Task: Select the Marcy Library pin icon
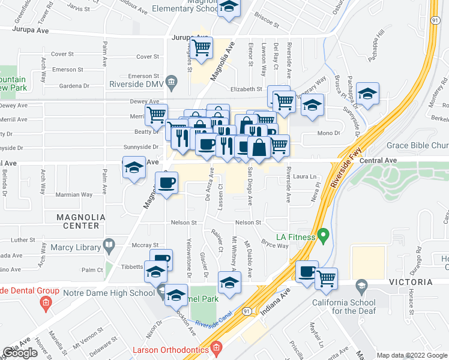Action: point(109,244)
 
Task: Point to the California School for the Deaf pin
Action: point(361,284)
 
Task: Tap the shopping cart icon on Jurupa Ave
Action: point(201,46)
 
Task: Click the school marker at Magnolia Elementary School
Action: point(229,8)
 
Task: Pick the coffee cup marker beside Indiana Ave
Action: point(307,271)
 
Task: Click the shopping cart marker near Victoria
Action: point(326,277)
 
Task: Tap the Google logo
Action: point(20,353)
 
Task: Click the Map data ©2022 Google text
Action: point(411,355)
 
